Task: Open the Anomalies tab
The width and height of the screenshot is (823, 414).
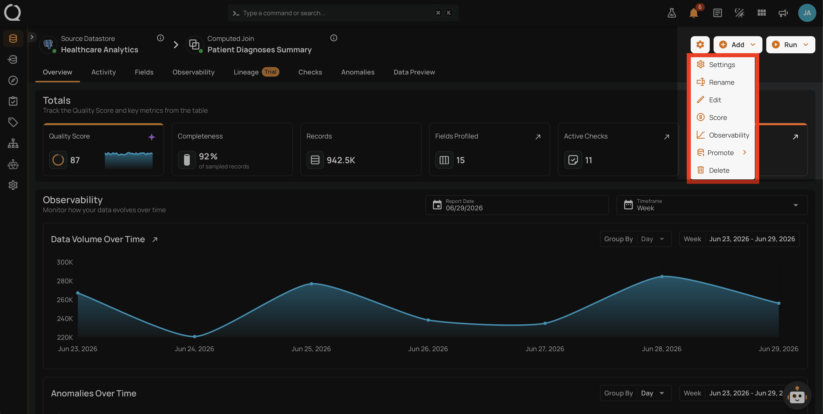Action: point(358,72)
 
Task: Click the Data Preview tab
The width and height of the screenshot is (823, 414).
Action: point(414,72)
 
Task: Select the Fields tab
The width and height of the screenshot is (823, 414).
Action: point(144,72)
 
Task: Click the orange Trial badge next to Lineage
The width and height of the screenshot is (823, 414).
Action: point(270,72)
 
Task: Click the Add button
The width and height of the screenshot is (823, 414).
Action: point(737,45)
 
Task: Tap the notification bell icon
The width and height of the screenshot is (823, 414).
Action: point(694,13)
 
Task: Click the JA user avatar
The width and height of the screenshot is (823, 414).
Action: point(807,13)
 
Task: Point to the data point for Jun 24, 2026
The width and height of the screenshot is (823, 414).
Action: point(195,336)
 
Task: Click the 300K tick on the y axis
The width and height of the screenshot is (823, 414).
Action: point(65,262)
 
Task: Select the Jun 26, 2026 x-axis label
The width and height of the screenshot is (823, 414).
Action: point(428,349)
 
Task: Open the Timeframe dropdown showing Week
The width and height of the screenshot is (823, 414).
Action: point(712,205)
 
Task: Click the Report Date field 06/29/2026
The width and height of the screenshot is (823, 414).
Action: point(517,205)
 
